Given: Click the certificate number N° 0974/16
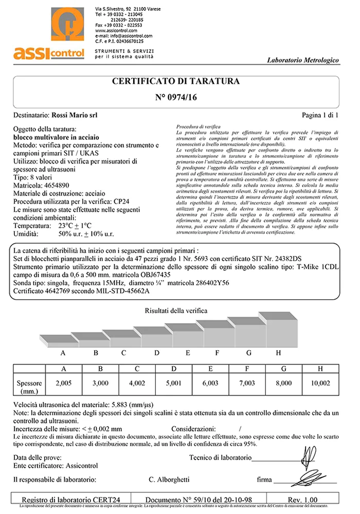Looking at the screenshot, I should tap(176, 97).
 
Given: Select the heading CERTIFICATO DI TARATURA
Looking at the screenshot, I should tap(176, 82).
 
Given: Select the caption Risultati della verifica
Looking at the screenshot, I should tap(176, 311).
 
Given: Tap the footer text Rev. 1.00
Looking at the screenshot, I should tap(302, 499).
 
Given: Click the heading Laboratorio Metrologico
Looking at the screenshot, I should tap(303, 60).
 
